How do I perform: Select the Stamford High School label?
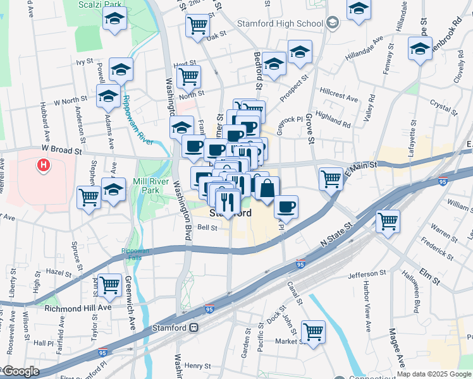(280, 24)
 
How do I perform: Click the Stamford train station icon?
(194, 328)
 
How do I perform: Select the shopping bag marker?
(267, 189)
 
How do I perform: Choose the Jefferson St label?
(367, 276)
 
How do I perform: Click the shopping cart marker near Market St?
(313, 332)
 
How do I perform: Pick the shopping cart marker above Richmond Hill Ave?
(110, 286)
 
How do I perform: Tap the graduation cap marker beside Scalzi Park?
(114, 20)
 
